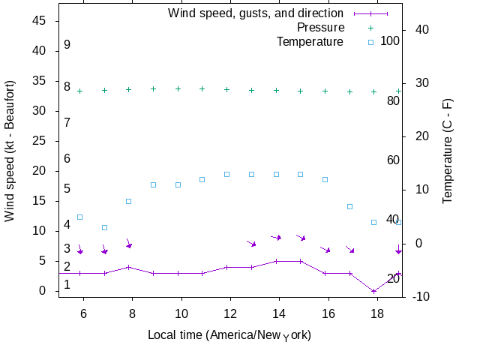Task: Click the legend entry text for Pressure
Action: pyautogui.click(x=310, y=27)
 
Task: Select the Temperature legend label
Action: pyautogui.click(x=310, y=41)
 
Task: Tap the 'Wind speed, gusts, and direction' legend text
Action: pyautogui.click(x=256, y=13)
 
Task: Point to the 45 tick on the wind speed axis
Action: pyautogui.click(x=39, y=21)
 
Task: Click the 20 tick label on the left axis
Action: pyautogui.click(x=39, y=171)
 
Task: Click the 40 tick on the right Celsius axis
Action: pyautogui.click(x=421, y=29)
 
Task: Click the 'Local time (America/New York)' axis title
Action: pyautogui.click(x=229, y=334)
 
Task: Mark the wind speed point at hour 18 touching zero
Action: pyautogui.click(x=373, y=291)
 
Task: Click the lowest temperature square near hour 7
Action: pyautogui.click(x=104, y=227)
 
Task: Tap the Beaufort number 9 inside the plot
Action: pyautogui.click(x=67, y=45)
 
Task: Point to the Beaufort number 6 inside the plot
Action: pyautogui.click(x=67, y=158)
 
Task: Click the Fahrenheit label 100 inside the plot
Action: pyautogui.click(x=390, y=40)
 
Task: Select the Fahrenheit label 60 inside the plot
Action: pyautogui.click(x=392, y=160)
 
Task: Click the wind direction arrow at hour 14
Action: pyautogui.click(x=276, y=238)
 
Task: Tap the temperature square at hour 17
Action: pyautogui.click(x=349, y=206)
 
